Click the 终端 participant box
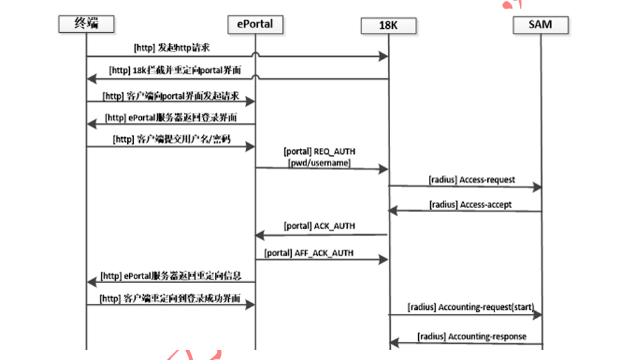point(86,24)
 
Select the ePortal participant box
point(254,24)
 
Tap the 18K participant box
point(388,25)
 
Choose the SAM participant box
point(541,25)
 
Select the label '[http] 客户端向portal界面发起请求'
point(171,96)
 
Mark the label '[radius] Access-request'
point(472,181)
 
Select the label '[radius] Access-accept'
point(471,204)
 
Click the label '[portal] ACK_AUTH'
point(319,226)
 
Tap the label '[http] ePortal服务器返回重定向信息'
point(171,275)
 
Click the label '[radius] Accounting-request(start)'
point(470,307)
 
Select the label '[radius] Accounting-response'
point(472,336)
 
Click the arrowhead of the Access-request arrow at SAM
point(537,188)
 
